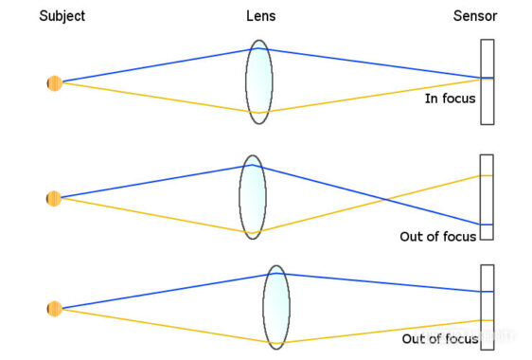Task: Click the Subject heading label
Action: [x=62, y=16]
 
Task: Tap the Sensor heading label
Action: [x=475, y=16]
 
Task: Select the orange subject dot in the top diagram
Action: [x=54, y=82]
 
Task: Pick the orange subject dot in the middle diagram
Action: [x=54, y=198]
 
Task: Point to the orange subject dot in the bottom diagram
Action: [x=54, y=308]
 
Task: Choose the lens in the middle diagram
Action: [x=253, y=196]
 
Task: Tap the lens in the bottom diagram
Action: [x=276, y=306]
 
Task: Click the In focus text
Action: [x=450, y=98]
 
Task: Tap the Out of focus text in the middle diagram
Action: [x=438, y=237]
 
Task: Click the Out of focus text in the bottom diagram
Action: [x=440, y=338]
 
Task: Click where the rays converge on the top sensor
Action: [x=482, y=78]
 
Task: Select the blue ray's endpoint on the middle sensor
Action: [x=483, y=224]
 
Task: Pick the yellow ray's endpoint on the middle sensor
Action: [x=483, y=175]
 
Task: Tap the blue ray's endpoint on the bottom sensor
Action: [x=483, y=292]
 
